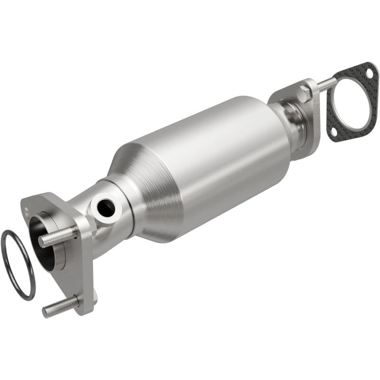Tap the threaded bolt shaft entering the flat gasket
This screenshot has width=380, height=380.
pyautogui.click(x=325, y=84)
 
